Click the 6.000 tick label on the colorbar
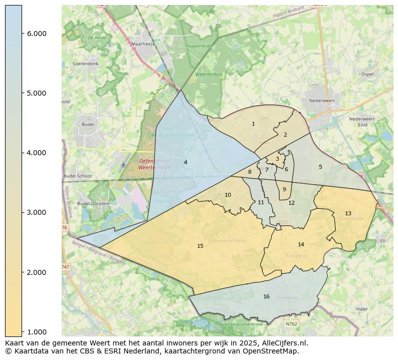click(x=37, y=34)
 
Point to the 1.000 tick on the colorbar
click(x=37, y=332)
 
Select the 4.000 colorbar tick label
click(x=37, y=153)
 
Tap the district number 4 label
click(x=185, y=162)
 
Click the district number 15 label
click(x=201, y=246)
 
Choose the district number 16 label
click(x=267, y=297)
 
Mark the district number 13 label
click(x=348, y=214)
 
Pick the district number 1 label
click(x=253, y=124)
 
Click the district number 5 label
click(x=320, y=167)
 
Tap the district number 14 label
click(x=301, y=244)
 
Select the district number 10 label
click(x=228, y=195)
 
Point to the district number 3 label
click(x=277, y=159)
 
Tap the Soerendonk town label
click(x=86, y=64)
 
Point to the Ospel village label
click(x=367, y=74)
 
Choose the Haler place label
click(x=361, y=309)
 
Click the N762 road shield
click(x=291, y=324)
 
